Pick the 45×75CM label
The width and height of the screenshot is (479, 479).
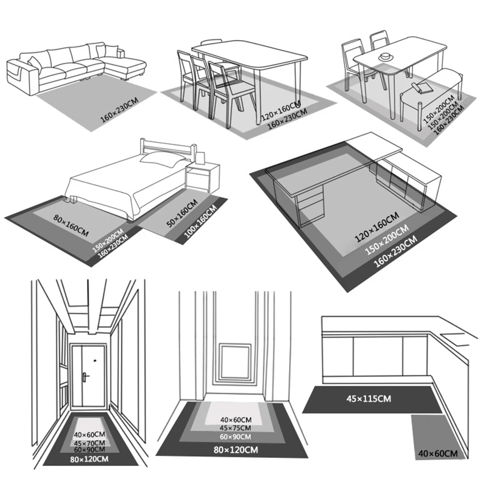coord(234,428)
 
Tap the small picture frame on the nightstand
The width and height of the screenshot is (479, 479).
coord(202,157)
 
